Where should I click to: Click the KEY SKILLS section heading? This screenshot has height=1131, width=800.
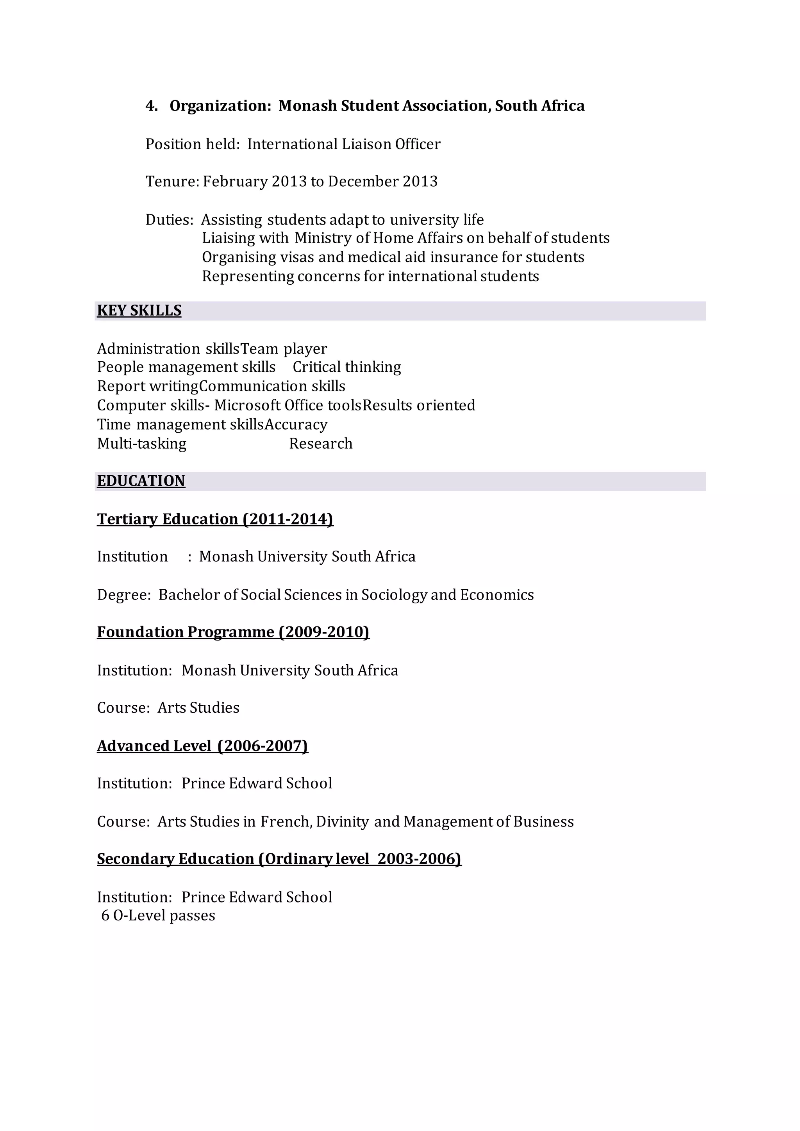click(139, 310)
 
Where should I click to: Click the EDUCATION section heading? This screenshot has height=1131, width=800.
click(141, 481)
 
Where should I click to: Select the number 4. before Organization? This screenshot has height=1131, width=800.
click(152, 106)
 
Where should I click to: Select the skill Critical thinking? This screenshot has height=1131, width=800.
click(347, 367)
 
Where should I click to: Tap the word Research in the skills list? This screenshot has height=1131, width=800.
click(321, 444)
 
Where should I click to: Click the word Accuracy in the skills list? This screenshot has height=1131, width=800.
click(296, 425)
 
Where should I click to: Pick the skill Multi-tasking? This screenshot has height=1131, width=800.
click(142, 444)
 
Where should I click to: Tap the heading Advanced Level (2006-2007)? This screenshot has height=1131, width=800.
click(202, 746)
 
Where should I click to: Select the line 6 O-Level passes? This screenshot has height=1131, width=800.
click(158, 916)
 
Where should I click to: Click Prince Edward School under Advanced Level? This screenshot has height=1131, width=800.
click(257, 784)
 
